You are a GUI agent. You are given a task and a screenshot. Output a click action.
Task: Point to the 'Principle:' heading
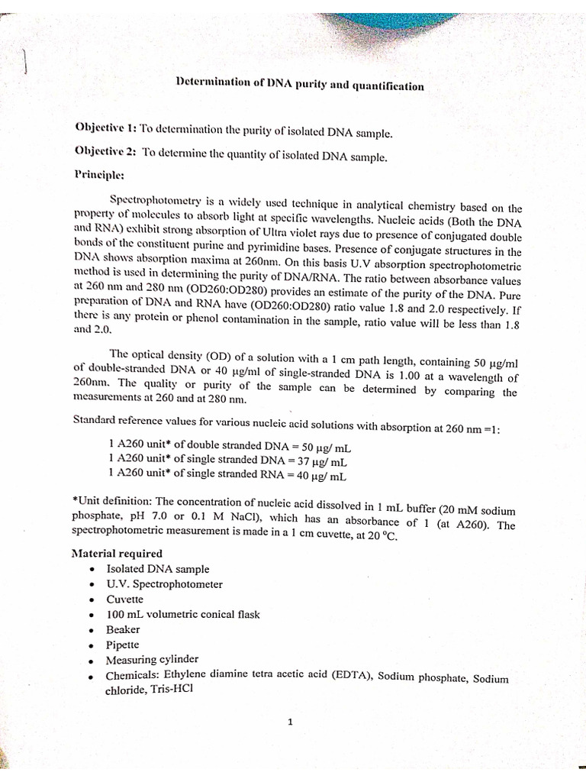(98, 175)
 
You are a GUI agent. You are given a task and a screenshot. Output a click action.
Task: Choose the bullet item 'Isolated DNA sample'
(157, 569)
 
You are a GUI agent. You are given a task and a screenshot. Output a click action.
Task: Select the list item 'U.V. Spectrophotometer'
(164, 584)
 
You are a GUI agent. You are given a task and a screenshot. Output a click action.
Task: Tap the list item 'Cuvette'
(124, 599)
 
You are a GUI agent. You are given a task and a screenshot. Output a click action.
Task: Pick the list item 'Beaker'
(123, 630)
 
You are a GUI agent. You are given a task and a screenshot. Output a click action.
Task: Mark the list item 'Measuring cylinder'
(152, 660)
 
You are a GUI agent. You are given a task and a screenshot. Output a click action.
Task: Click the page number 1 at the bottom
(291, 722)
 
